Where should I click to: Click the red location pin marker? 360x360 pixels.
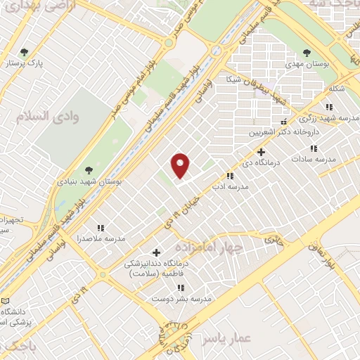[x=181, y=165]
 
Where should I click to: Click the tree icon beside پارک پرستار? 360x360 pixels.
[x=25, y=52]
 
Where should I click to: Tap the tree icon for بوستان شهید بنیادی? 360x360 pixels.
[x=89, y=169]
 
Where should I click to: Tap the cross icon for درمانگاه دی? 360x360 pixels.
[x=261, y=151]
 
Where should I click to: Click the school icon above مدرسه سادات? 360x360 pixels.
[x=314, y=148]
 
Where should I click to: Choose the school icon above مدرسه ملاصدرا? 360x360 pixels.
[x=101, y=228]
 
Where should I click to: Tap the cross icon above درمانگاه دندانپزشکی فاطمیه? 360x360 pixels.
[x=156, y=252]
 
